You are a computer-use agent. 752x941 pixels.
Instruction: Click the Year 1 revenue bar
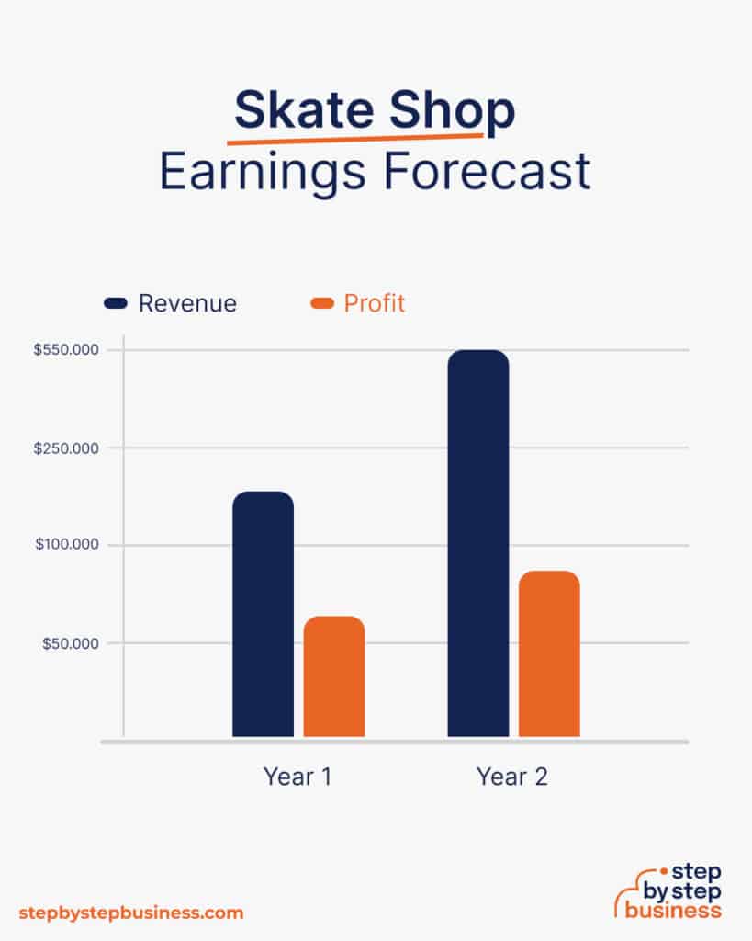click(x=264, y=614)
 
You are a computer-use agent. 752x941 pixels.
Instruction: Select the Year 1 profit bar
click(x=334, y=676)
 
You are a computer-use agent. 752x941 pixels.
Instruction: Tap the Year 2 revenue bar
click(x=478, y=543)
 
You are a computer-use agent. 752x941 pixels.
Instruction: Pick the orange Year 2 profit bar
click(x=549, y=653)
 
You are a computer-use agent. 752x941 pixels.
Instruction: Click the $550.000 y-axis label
click(x=66, y=350)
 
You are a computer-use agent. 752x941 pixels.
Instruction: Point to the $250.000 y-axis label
click(x=66, y=448)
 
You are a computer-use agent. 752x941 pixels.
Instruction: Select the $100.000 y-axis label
click(x=67, y=544)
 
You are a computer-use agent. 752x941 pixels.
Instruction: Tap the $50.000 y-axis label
click(x=70, y=644)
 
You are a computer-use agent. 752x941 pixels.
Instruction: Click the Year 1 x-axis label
click(x=297, y=777)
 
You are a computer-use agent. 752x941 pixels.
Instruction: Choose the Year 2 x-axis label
click(x=512, y=777)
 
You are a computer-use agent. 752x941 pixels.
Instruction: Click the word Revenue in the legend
click(x=187, y=303)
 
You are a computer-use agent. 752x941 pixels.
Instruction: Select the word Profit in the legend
click(x=375, y=303)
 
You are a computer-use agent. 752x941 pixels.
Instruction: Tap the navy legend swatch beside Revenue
click(x=116, y=303)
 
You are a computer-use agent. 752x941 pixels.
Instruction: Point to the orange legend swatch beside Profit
click(x=322, y=303)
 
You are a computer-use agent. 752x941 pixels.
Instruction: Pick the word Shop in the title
click(x=452, y=112)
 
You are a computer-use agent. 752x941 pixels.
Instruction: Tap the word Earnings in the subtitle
click(x=262, y=173)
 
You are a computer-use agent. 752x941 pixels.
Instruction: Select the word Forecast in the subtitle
click(x=487, y=171)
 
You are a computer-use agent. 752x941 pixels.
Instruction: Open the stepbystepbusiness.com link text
click(x=131, y=913)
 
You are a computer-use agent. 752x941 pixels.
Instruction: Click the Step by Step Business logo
click(x=668, y=891)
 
